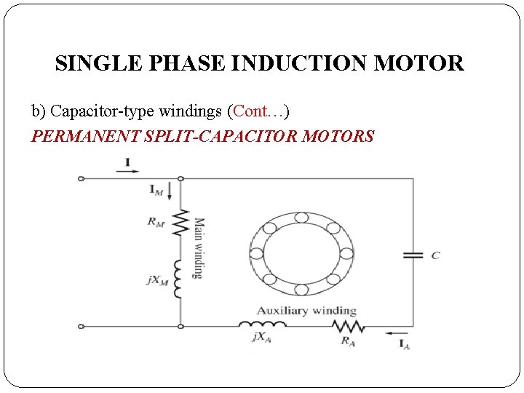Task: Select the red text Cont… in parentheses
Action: point(258,111)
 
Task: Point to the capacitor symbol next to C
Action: point(413,255)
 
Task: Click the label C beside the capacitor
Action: point(435,255)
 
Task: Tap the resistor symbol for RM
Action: point(180,224)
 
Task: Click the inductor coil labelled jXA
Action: point(262,325)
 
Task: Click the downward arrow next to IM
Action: point(170,191)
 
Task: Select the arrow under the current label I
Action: point(125,172)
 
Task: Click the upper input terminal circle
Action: point(81,178)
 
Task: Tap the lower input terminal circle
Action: point(81,326)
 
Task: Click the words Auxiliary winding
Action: point(306,311)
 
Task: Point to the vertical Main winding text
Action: point(198,247)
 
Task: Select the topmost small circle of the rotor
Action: point(301,216)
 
